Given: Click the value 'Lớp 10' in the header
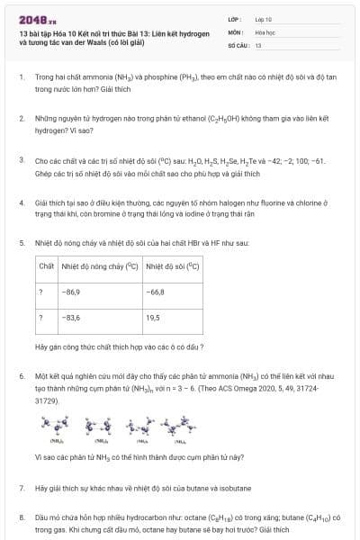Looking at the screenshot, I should coord(264,18).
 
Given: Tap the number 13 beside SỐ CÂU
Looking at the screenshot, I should coord(258,44).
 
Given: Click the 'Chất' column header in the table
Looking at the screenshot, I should coord(47,267).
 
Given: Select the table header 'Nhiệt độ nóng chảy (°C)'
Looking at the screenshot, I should coord(98,267).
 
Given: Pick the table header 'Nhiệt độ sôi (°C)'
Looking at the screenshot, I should coord(173,267).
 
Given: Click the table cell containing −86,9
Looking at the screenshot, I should coord(71,292).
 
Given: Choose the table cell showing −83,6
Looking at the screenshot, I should coord(71,318).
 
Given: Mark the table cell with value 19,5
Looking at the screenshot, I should coord(153,318).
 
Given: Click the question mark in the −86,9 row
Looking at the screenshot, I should coord(40,292).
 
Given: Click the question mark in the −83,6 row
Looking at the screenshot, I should coord(40,318).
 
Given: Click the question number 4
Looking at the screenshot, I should coord(21,203).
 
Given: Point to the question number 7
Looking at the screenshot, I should coord(21,488).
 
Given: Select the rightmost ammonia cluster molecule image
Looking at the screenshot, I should coord(181,425).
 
